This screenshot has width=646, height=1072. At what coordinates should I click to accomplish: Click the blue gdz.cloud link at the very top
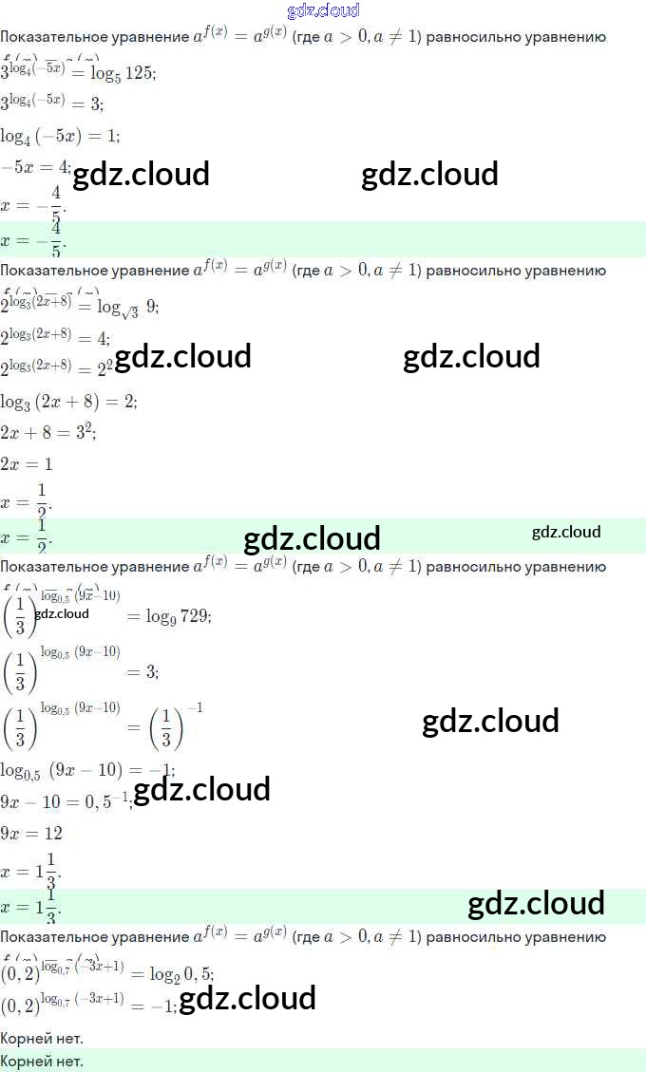point(323,10)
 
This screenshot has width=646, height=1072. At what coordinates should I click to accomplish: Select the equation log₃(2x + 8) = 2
point(69,402)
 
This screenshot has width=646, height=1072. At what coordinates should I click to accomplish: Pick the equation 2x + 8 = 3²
point(48,433)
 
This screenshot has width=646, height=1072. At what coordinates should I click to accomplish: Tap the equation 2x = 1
point(27,464)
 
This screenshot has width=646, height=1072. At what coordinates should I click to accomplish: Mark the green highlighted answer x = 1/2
point(27,536)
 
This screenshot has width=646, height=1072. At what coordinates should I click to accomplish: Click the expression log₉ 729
point(179,616)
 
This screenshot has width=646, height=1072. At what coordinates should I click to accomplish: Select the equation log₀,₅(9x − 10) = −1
point(87,770)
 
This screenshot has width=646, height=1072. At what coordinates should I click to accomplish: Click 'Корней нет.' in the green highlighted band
point(42,1061)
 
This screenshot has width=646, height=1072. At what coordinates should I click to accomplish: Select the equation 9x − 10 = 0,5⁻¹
point(65,801)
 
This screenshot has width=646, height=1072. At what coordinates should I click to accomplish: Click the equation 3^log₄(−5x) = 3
point(52,103)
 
